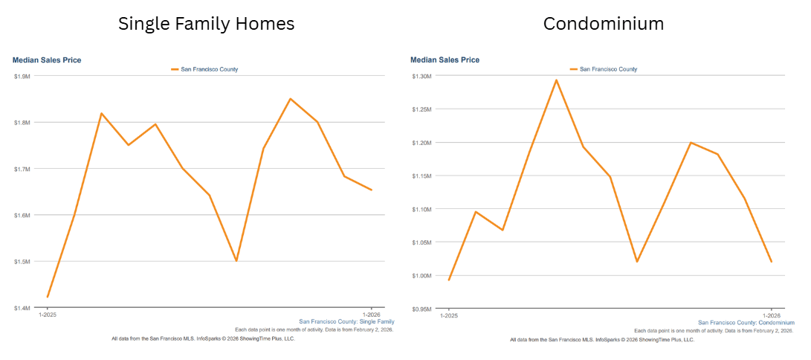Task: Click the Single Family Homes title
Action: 206,24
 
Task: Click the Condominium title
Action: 604,24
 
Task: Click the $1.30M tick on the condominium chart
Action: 421,77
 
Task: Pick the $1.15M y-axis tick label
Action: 421,176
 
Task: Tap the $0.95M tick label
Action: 421,309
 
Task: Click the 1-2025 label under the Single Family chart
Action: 48,315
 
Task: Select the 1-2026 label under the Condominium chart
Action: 771,315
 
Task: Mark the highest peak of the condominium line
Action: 556,80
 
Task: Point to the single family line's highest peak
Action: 290,98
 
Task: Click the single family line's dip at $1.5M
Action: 236,261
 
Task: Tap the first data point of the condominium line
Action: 449,280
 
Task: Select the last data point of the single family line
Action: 372,190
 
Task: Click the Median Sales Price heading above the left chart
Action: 47,60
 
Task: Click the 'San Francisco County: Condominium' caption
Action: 746,323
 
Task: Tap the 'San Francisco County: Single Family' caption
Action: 346,322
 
